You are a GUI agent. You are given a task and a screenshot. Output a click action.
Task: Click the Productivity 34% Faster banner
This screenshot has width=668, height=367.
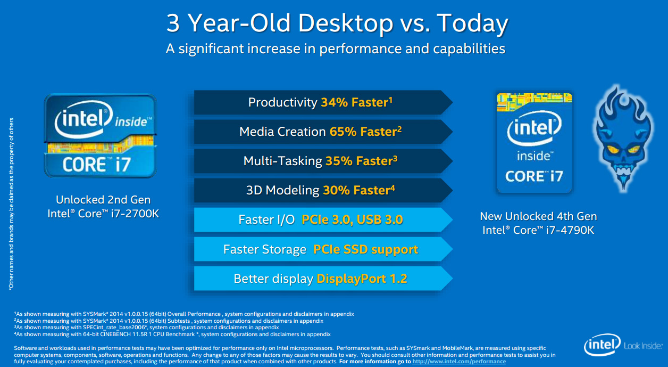tap(323, 102)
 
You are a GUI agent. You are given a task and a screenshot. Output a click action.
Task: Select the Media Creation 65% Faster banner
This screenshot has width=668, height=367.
tap(323, 132)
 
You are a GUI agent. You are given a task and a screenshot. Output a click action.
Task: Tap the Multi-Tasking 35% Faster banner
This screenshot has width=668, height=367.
tap(323, 161)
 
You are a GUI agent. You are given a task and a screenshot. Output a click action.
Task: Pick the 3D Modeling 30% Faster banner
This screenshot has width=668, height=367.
tap(323, 190)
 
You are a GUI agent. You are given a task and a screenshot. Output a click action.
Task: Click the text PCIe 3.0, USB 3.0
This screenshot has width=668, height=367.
tap(352, 219)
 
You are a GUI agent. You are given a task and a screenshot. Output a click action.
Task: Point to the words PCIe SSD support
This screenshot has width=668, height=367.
tap(365, 249)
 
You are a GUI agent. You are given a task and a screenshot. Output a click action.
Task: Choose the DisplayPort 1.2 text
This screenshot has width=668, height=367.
tap(362, 279)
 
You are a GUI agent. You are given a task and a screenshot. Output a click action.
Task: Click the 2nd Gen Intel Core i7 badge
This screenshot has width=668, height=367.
tap(100, 136)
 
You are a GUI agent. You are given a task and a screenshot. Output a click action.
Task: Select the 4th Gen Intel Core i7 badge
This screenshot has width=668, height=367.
tap(534, 143)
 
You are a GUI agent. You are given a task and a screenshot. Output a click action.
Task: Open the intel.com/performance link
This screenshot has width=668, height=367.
tap(459, 361)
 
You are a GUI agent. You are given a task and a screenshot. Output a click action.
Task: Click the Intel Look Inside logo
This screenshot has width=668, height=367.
tap(623, 345)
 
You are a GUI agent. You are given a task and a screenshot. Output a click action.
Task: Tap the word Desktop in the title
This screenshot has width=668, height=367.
tap(345, 24)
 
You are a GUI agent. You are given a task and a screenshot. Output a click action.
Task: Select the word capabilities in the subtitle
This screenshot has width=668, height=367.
tap(469, 48)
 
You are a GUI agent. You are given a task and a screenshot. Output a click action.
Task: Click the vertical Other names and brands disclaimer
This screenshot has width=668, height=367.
tap(11, 204)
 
